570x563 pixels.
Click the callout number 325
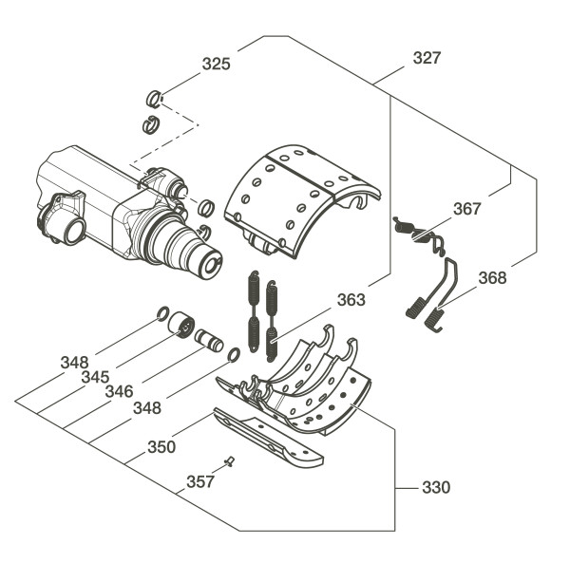pyautogui.click(x=216, y=65)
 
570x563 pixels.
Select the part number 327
pyautogui.click(x=427, y=58)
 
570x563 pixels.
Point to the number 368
pyautogui.click(x=493, y=279)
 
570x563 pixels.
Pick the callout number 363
pyautogui.click(x=351, y=300)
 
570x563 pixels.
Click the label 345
pyautogui.click(x=95, y=377)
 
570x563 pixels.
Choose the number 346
pyautogui.click(x=119, y=391)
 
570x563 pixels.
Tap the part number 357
pyautogui.click(x=199, y=481)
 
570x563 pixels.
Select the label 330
pyautogui.click(x=436, y=488)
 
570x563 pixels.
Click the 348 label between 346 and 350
pyautogui.click(x=146, y=407)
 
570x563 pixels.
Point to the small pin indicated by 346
pyautogui.click(x=208, y=338)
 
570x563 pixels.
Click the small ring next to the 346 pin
pyautogui.click(x=233, y=355)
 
